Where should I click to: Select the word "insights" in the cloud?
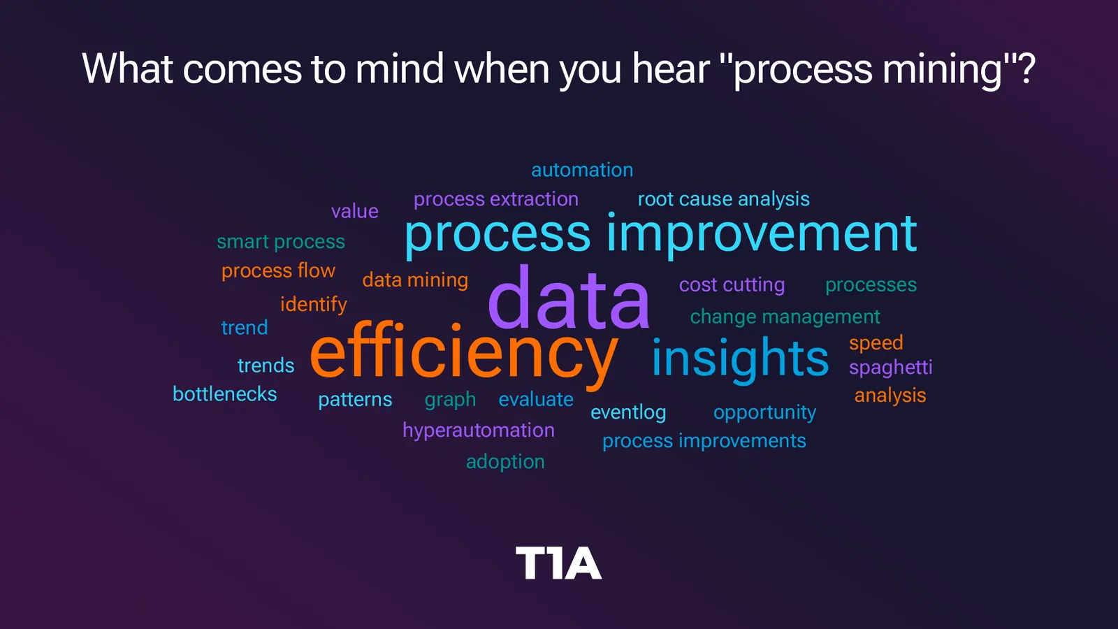[x=740, y=359]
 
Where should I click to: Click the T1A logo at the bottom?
[x=558, y=563]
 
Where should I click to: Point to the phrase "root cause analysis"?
[x=724, y=199]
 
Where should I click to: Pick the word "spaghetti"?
[x=890, y=368]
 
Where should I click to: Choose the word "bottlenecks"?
[x=224, y=394]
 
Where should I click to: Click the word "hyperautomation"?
[x=479, y=431]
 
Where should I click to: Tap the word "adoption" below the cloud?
[x=505, y=462]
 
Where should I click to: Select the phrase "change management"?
[x=785, y=317]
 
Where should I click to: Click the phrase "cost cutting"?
[x=732, y=285]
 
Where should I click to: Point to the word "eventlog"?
[x=628, y=412]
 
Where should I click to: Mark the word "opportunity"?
[x=764, y=413]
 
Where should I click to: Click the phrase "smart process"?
[x=280, y=242]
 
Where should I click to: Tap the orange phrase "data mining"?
[x=415, y=280]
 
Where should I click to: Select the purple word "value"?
[x=355, y=212]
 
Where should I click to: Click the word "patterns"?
[x=355, y=400]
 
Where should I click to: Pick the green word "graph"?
[x=450, y=400]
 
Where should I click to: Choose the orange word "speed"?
[x=876, y=343]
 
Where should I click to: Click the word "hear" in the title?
[x=671, y=68]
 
